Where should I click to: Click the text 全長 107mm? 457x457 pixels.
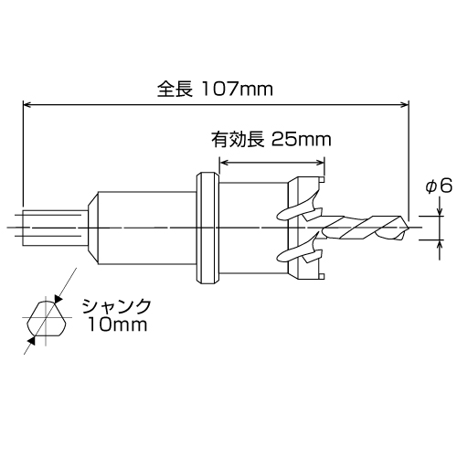click(x=216, y=90)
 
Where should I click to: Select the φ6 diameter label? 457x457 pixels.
click(x=439, y=186)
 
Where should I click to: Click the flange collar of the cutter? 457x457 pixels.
click(x=207, y=226)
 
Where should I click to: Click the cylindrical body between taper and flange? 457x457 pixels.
click(x=146, y=227)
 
